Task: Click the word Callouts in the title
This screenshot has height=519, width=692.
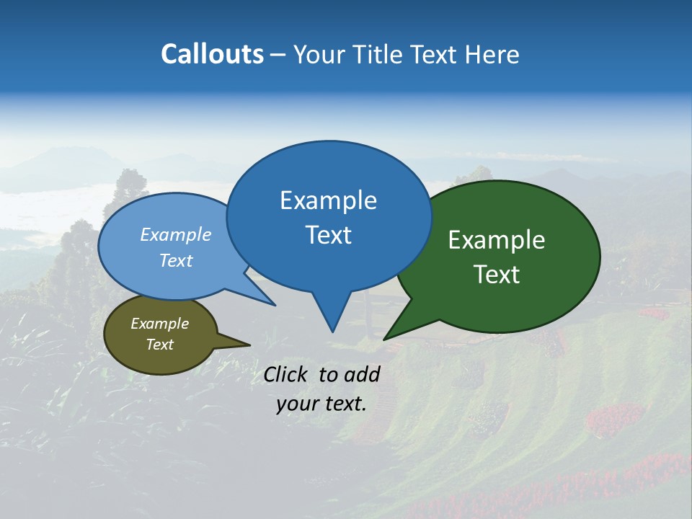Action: pos(212,54)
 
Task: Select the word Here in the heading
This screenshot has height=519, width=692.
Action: pos(492,55)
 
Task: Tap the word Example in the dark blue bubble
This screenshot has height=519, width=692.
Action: pos(328,200)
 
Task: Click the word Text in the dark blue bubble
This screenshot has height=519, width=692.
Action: pos(328,235)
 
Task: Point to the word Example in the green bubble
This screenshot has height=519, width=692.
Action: pos(497,240)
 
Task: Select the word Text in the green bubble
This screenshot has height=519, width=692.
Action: pos(497,275)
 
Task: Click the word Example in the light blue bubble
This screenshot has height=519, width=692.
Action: pos(175,235)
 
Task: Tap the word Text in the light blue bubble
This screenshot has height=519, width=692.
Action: pos(175,260)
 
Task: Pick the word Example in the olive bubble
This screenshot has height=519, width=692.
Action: pos(159,324)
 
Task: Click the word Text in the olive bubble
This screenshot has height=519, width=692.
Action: pos(159,345)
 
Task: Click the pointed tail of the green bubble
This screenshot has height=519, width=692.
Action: pos(389,336)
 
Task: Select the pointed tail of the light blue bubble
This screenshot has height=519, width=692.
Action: pos(270,301)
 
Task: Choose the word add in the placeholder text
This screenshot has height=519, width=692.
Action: pos(362,374)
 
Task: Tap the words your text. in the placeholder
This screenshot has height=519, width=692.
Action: pos(321,404)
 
